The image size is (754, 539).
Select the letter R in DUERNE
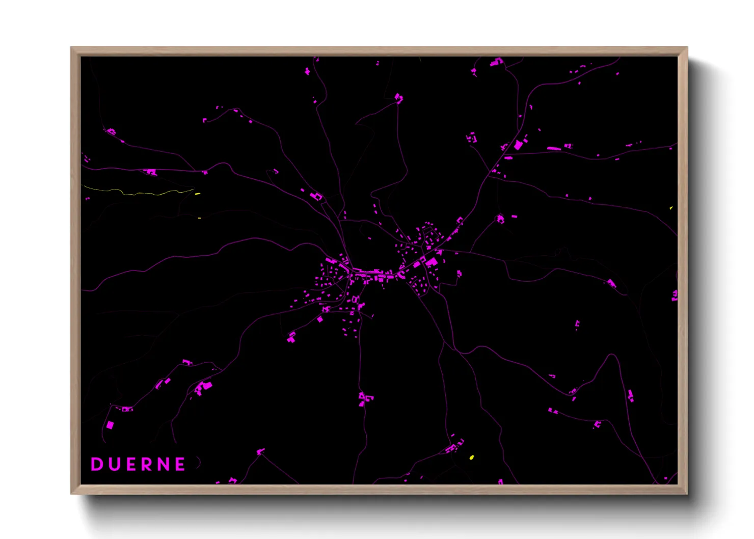[147, 464]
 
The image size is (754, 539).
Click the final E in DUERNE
[180, 464]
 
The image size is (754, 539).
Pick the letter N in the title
[164, 464]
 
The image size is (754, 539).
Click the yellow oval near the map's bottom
[472, 457]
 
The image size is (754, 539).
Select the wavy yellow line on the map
[138, 193]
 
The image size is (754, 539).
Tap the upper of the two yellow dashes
[197, 194]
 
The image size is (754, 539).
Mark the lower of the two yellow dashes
[199, 218]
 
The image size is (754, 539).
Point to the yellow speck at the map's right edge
[671, 208]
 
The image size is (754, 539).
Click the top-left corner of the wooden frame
[71, 48]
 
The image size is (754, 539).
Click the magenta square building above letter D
[110, 425]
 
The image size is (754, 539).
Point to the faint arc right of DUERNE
[199, 463]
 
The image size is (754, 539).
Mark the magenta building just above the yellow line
[150, 172]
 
